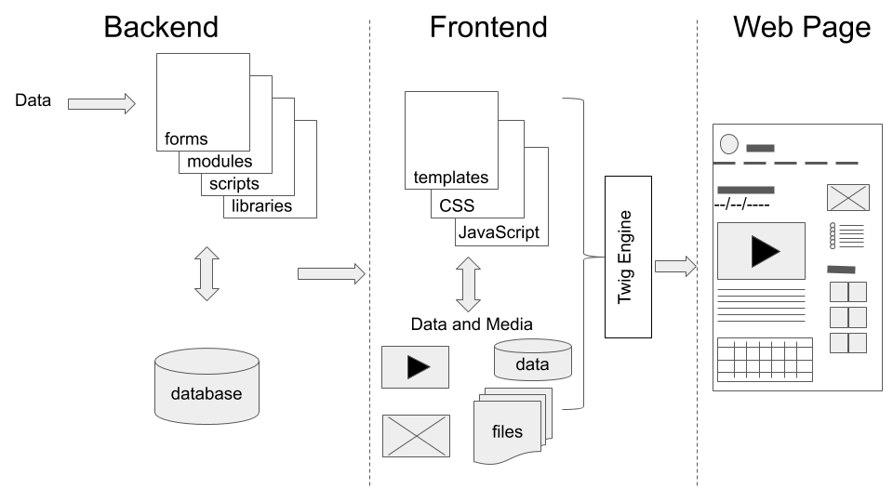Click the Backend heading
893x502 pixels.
pyautogui.click(x=160, y=27)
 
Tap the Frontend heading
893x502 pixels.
pyautogui.click(x=487, y=27)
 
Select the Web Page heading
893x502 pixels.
pyautogui.click(x=801, y=27)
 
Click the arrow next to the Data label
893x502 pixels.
pyautogui.click(x=101, y=103)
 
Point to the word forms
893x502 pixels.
pyautogui.click(x=186, y=139)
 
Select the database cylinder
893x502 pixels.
pyautogui.click(x=206, y=385)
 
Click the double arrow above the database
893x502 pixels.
pyautogui.click(x=207, y=273)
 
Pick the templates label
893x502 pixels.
pyautogui.click(x=450, y=178)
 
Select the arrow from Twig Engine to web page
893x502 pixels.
pyautogui.click(x=675, y=267)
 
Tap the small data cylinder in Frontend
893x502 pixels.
pyautogui.click(x=532, y=360)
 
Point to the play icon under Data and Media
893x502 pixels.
pyautogui.click(x=416, y=367)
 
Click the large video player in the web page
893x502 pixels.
pyautogui.click(x=760, y=250)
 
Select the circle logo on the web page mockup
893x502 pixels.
pyautogui.click(x=730, y=144)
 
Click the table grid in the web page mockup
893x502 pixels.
pyautogui.click(x=764, y=359)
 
